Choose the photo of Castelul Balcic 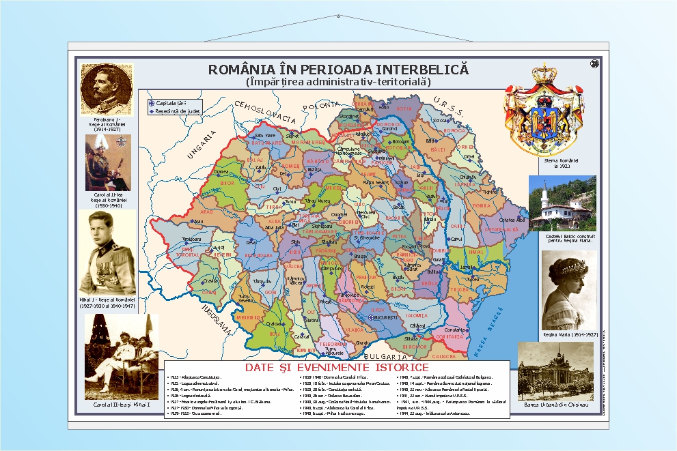pyautogui.click(x=562, y=203)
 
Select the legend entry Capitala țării pyautogui.click(x=170, y=103)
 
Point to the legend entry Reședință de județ pyautogui.click(x=175, y=111)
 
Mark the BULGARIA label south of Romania pyautogui.click(x=386, y=356)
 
